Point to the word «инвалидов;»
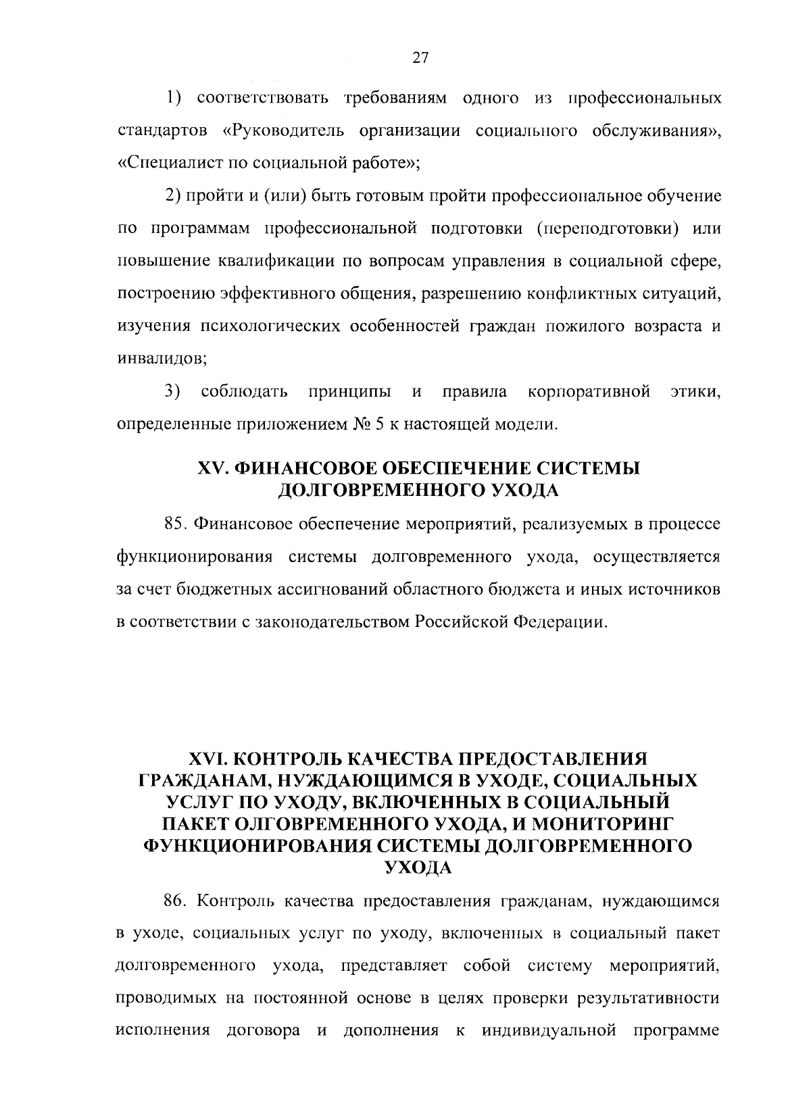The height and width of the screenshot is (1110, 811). [x=162, y=359]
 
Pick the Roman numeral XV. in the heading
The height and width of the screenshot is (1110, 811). [x=214, y=468]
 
